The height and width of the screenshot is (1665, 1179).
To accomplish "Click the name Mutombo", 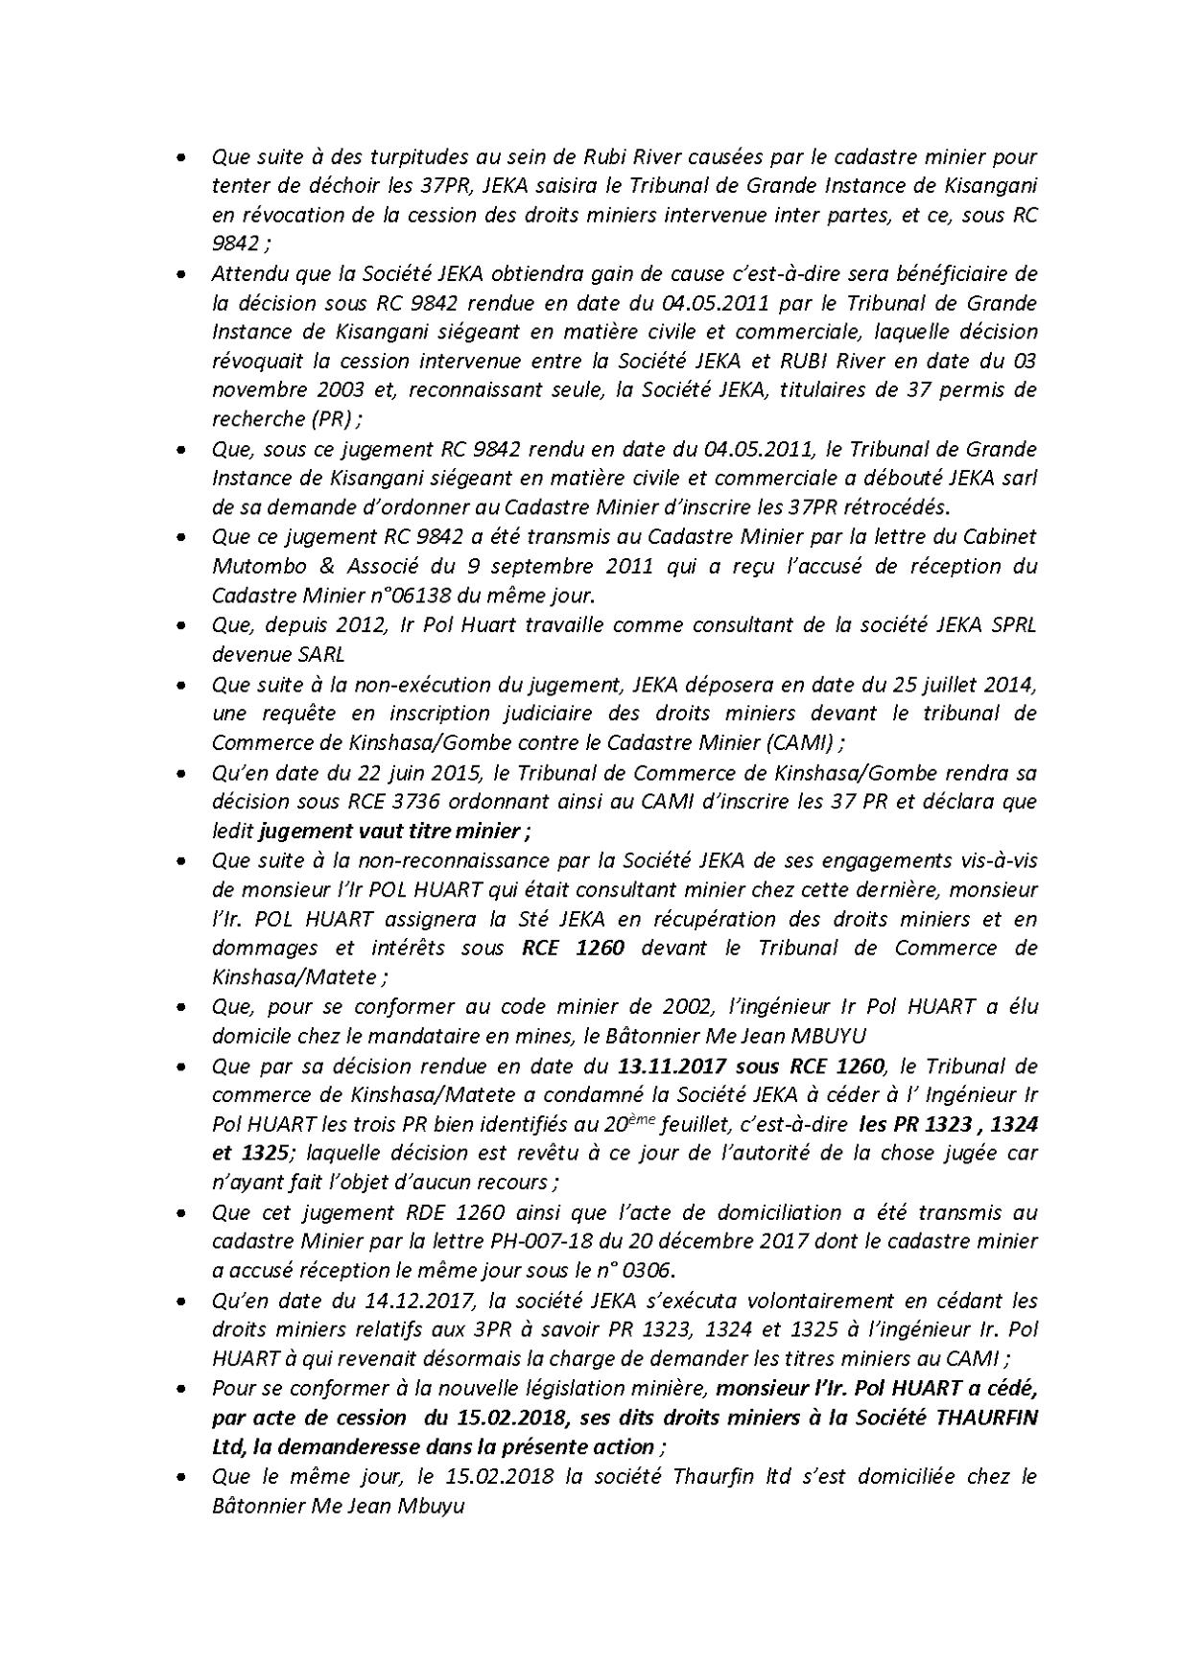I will pos(252,567).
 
